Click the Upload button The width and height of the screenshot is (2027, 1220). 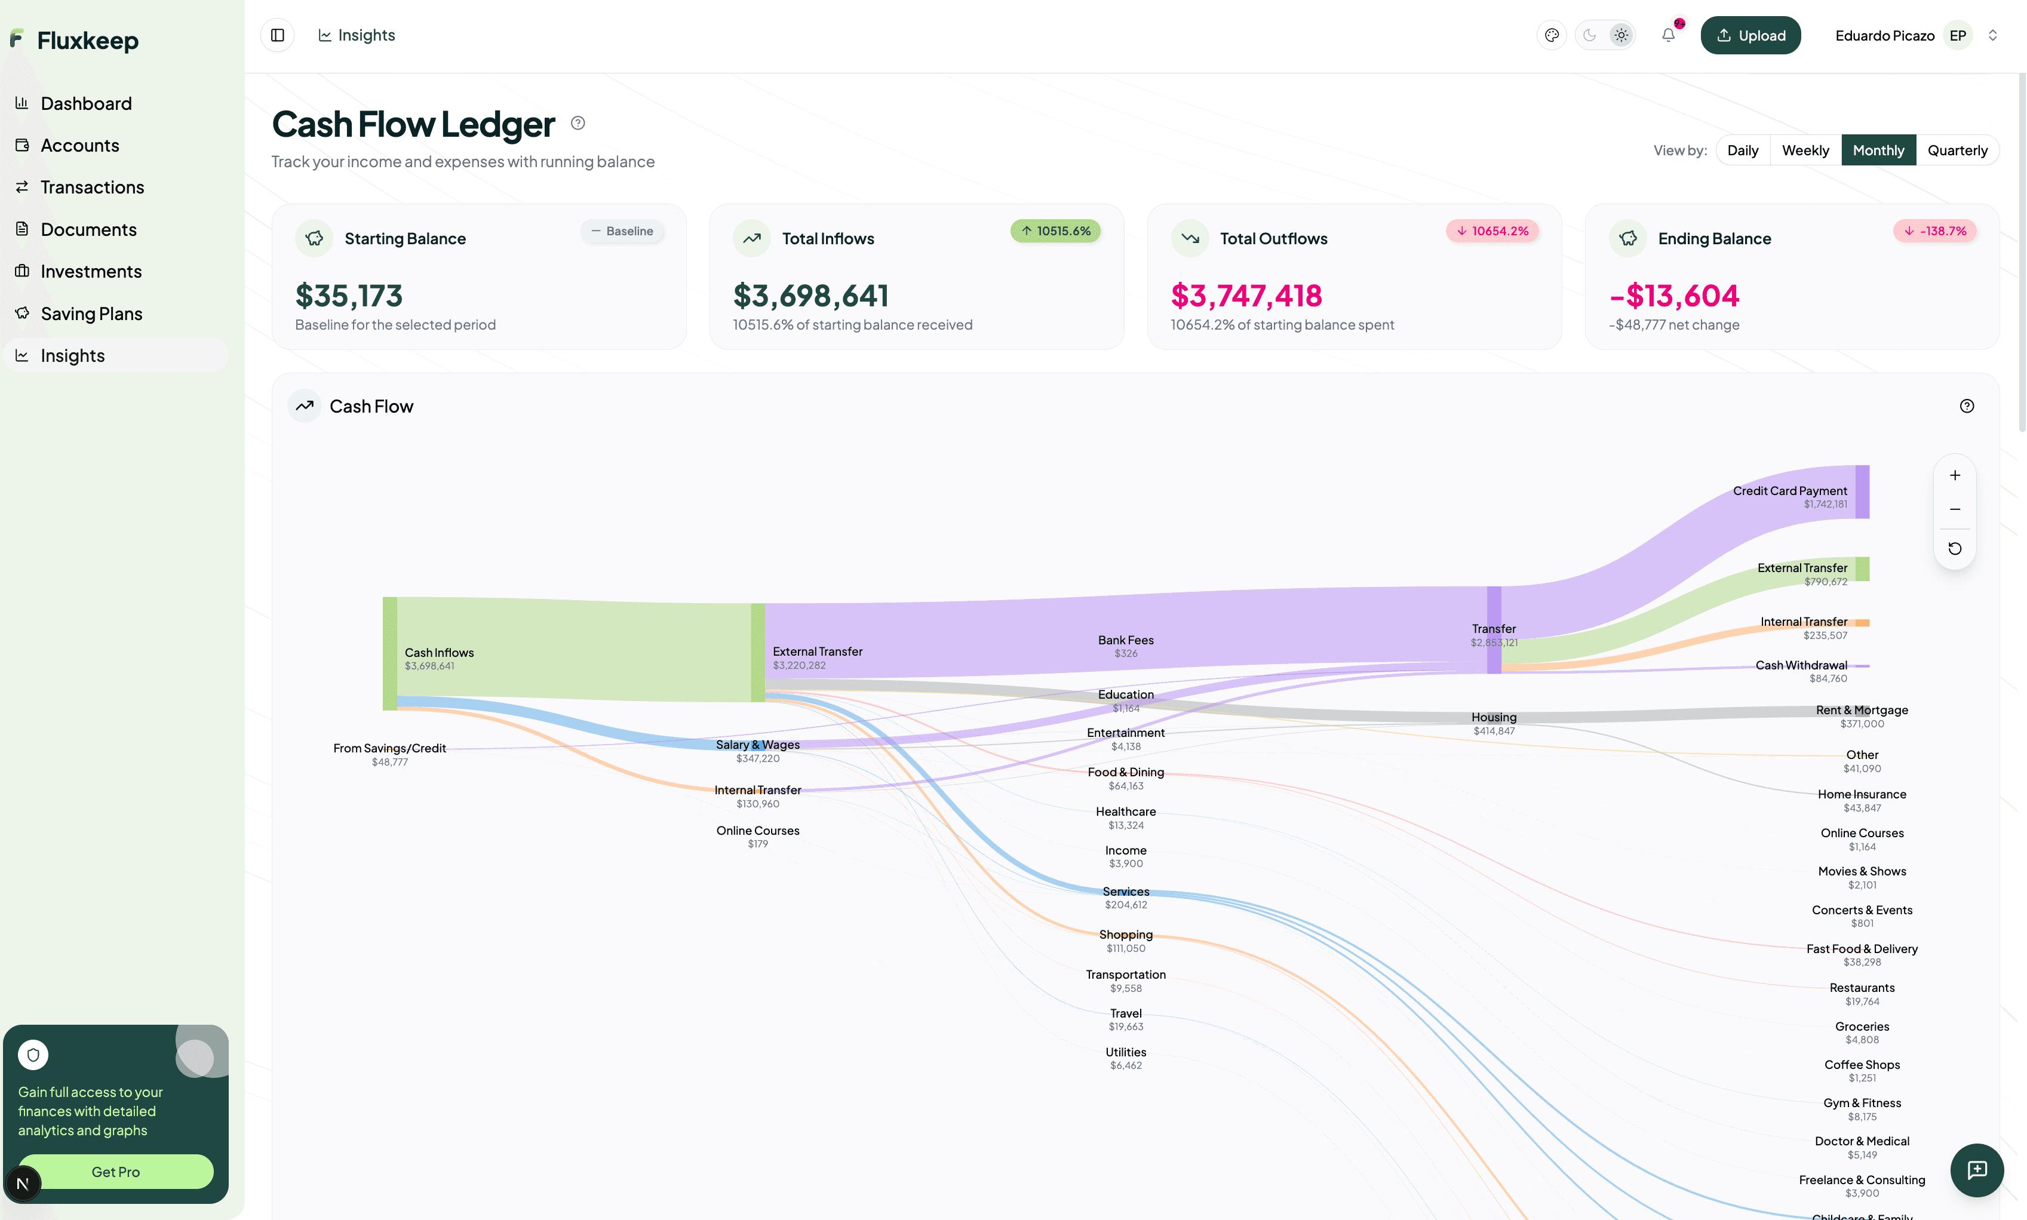[x=1750, y=35]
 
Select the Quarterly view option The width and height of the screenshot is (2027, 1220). [x=1957, y=150]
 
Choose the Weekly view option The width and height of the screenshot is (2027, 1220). [x=1804, y=150]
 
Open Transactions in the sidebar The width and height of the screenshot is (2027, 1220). [x=92, y=188]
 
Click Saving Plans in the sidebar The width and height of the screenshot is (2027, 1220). [x=91, y=314]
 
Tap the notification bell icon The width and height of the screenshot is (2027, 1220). [x=1667, y=35]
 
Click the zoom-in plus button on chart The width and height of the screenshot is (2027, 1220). [x=1954, y=475]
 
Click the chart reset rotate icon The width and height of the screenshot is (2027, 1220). [x=1954, y=548]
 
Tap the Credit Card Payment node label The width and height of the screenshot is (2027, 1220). [x=1789, y=491]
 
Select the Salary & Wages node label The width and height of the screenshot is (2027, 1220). [x=757, y=745]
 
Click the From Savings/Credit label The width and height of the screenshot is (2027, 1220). [x=389, y=748]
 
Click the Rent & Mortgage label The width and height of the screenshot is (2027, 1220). [x=1861, y=710]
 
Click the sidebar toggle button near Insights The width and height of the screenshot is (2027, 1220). [x=278, y=35]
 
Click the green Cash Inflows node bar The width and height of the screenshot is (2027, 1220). [x=389, y=653]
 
